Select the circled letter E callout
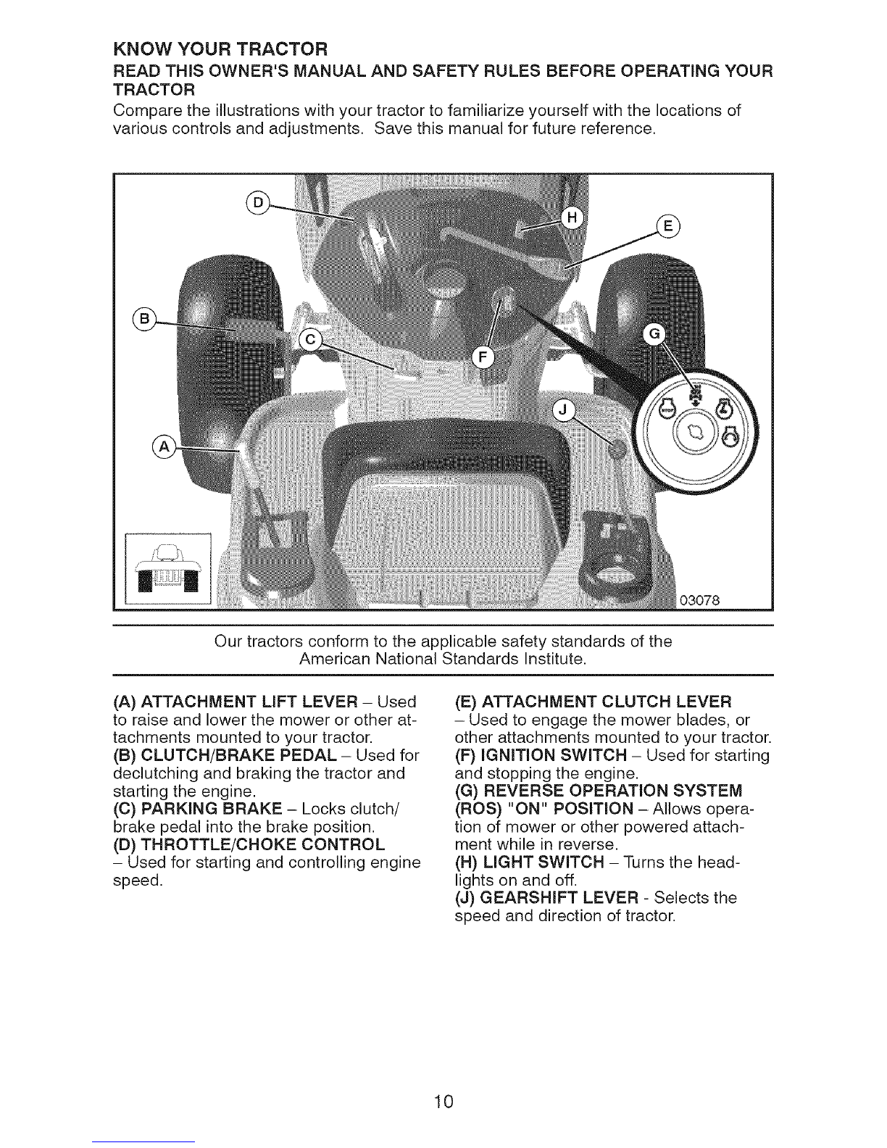click(668, 227)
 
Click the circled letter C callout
click(311, 340)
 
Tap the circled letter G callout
click(654, 334)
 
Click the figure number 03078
click(700, 601)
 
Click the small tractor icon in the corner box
click(168, 568)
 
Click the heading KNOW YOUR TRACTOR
click(220, 49)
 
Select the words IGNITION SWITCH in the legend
click(554, 755)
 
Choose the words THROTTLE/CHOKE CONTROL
click(263, 844)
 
